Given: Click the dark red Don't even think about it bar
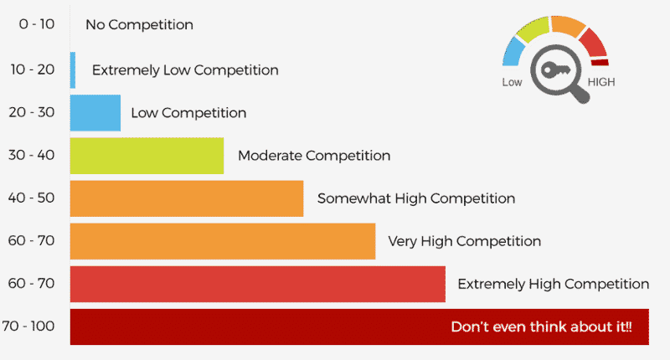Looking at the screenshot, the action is [x=359, y=327].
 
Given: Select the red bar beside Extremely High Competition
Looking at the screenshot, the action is [x=258, y=284].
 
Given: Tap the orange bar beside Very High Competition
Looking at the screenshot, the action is [x=223, y=241].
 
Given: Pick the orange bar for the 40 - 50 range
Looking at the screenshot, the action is [x=187, y=198].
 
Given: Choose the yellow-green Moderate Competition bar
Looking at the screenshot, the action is [x=147, y=156].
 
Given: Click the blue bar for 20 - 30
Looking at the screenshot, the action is [x=95, y=113].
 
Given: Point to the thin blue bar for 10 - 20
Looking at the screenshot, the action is [x=73, y=70].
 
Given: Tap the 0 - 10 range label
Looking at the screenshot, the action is [x=37, y=24].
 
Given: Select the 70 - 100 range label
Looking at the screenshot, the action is [x=28, y=327].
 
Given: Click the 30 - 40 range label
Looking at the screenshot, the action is [x=32, y=155].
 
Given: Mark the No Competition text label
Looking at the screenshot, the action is [x=139, y=25].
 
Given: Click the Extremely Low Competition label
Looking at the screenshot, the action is [x=185, y=70].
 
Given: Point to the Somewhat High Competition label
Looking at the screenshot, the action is [x=416, y=198].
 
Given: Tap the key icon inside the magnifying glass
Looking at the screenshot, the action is [x=555, y=69].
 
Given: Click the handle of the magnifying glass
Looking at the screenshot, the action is [x=580, y=93].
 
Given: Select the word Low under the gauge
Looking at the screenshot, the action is [x=512, y=82].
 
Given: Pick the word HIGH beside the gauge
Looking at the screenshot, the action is [x=601, y=82].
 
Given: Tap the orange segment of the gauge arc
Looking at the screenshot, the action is [x=569, y=25].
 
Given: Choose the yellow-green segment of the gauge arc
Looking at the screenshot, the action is [x=533, y=29].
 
